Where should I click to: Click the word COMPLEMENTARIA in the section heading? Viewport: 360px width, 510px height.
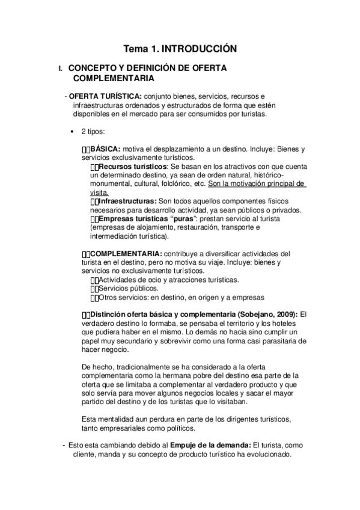(x=113, y=78)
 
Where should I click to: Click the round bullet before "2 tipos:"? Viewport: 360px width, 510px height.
(x=73, y=131)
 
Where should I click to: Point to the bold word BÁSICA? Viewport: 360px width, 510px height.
(x=105, y=149)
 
